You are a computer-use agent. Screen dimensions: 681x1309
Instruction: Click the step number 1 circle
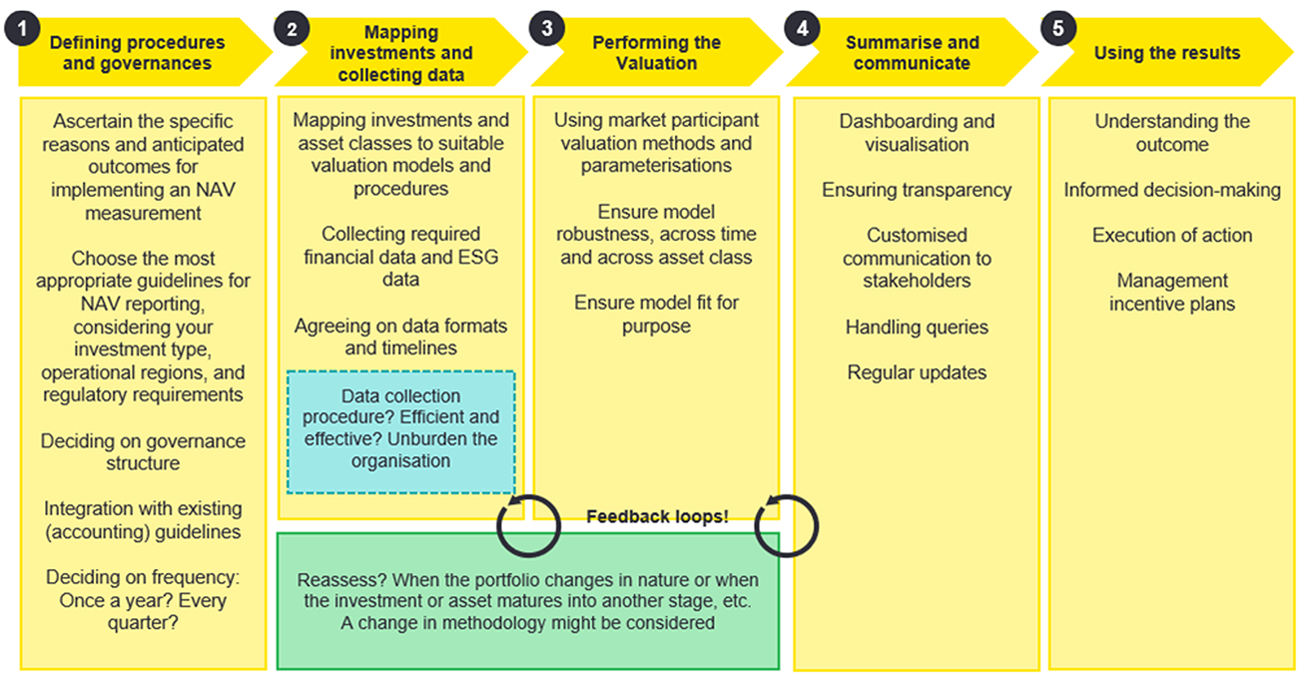click(x=22, y=29)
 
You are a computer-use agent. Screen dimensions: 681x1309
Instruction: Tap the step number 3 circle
click(x=547, y=29)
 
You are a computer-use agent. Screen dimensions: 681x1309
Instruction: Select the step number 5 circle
click(x=1058, y=29)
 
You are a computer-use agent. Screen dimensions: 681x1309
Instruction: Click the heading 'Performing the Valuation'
click(x=656, y=52)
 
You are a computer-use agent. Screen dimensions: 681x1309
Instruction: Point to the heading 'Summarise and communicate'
click(x=911, y=52)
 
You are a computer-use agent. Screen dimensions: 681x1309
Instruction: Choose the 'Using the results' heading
click(x=1167, y=53)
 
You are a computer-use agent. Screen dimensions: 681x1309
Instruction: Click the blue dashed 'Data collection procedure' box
click(x=401, y=431)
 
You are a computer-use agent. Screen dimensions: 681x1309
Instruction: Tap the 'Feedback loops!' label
click(x=657, y=517)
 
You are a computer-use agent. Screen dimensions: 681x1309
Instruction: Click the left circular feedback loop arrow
click(x=529, y=526)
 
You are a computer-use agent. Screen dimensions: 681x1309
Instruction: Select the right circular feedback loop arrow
click(x=786, y=526)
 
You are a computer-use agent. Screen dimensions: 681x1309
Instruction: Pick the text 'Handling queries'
click(x=916, y=327)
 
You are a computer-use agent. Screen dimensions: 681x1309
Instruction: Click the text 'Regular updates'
click(x=916, y=373)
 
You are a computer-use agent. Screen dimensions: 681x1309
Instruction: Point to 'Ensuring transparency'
click(x=916, y=190)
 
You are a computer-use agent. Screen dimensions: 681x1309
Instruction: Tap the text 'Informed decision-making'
click(x=1172, y=190)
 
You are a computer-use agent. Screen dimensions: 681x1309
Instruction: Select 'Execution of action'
click(x=1172, y=235)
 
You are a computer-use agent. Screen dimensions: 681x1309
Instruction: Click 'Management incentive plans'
click(x=1172, y=292)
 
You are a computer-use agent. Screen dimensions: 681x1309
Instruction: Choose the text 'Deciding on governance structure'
click(x=143, y=451)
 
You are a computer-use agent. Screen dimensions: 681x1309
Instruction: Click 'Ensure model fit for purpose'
click(x=656, y=314)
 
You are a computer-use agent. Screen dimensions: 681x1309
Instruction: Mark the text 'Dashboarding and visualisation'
click(x=916, y=132)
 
